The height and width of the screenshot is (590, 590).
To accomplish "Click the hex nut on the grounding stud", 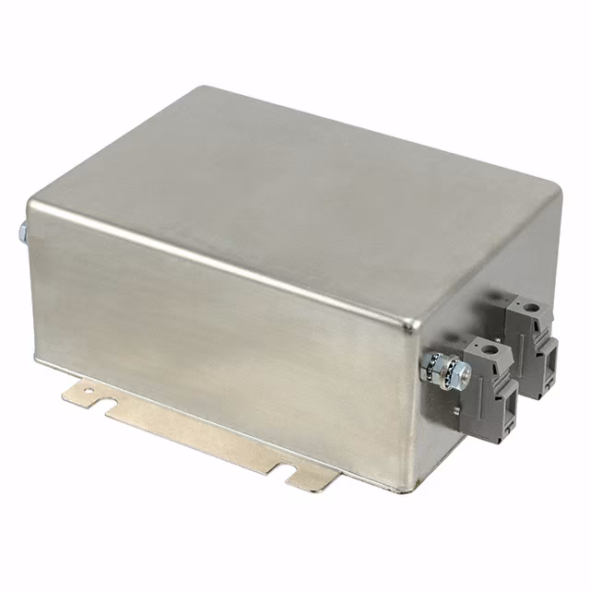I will [460, 372].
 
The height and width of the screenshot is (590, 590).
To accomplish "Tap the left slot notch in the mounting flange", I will [104, 407].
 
